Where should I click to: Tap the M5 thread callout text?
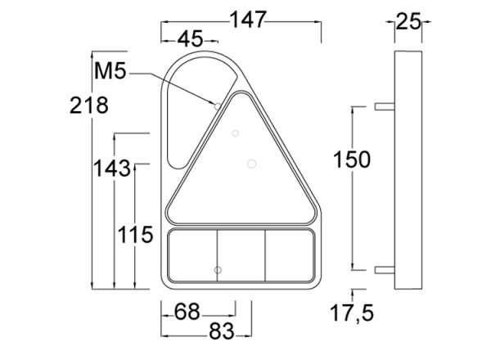[110, 72]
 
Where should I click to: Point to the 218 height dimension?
[90, 105]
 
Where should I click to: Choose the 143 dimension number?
[111, 168]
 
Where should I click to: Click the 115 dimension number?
[136, 236]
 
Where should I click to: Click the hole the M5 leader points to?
[216, 106]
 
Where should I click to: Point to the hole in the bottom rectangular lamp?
[217, 268]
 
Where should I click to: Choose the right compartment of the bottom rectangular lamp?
[289, 255]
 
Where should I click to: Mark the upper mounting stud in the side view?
[384, 106]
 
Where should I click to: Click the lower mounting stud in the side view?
[384, 268]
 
